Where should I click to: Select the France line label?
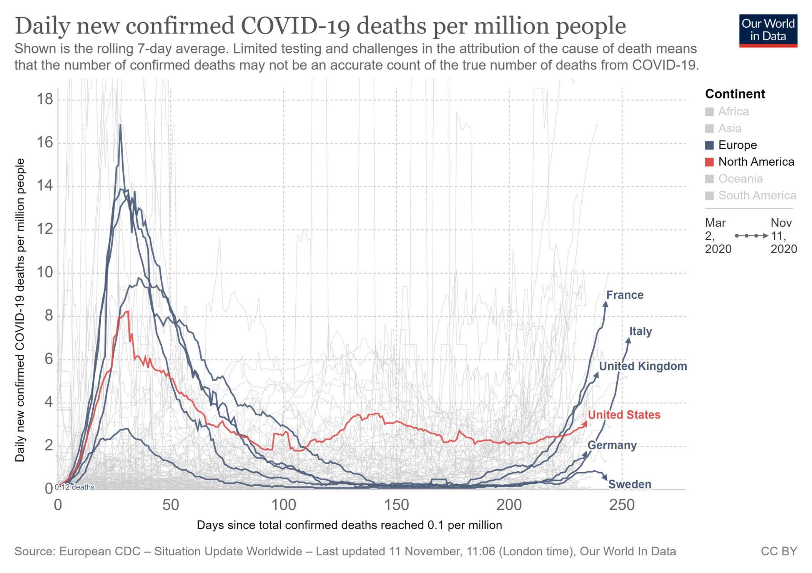[624, 295]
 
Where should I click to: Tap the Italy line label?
[640, 331]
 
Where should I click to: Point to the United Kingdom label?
[643, 366]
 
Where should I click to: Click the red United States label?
[624, 415]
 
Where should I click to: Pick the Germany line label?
[612, 445]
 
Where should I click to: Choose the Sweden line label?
[629, 484]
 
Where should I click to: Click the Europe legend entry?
[737, 145]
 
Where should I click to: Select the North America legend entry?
[756, 162]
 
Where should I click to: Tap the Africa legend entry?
[733, 111]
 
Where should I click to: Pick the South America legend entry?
[757, 195]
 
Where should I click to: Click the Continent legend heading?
[735, 94]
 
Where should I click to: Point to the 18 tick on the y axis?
[45, 100]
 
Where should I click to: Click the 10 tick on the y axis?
[45, 273]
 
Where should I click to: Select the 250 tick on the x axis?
[622, 505]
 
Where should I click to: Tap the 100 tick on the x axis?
[283, 505]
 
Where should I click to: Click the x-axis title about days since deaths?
[349, 525]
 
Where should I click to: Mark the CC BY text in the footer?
[779, 551]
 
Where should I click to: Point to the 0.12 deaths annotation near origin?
[75, 487]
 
